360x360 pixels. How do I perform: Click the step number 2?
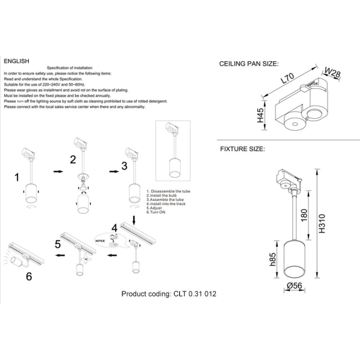73,160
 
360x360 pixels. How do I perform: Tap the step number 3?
124,165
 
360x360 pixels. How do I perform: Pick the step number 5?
58,244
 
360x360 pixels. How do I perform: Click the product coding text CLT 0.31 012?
169,294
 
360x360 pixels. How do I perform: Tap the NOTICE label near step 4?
100,239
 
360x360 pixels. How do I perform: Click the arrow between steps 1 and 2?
58,172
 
